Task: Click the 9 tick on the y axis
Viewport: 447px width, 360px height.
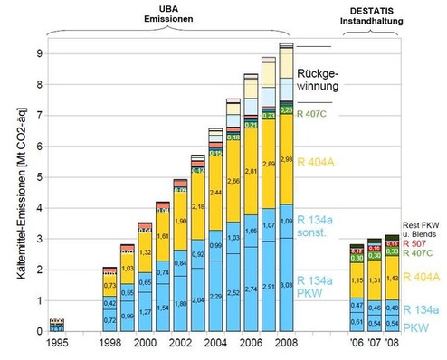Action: click(38, 53)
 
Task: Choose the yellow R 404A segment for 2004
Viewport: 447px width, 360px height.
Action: click(215, 194)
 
